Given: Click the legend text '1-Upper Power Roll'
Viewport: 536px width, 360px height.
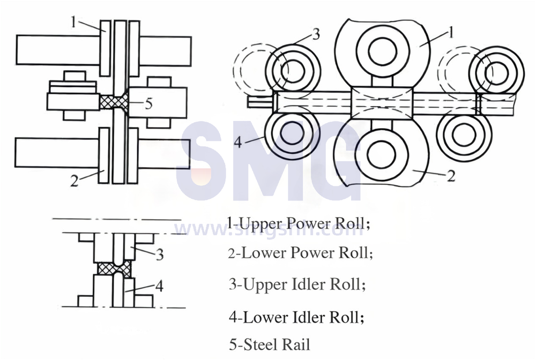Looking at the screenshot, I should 299,223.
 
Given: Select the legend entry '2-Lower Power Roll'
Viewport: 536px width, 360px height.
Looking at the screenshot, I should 300,253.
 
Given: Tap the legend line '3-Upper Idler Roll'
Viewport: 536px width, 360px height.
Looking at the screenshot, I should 297,284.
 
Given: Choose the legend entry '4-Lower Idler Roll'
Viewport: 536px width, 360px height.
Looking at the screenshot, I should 296,317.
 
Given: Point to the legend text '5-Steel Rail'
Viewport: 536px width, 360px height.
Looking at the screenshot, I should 269,344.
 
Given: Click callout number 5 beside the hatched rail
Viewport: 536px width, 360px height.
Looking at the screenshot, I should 148,103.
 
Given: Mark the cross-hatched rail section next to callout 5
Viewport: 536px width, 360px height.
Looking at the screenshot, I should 114,102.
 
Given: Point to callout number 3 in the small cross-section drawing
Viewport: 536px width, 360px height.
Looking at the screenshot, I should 159,254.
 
